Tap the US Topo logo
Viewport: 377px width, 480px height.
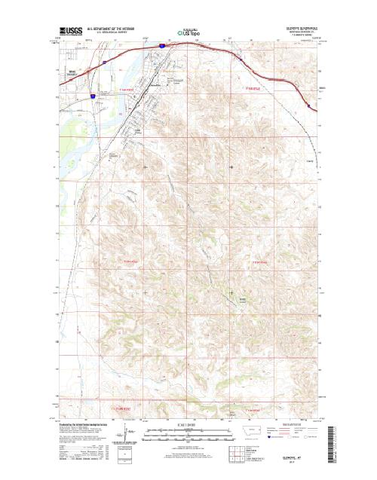(x=188, y=33)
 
